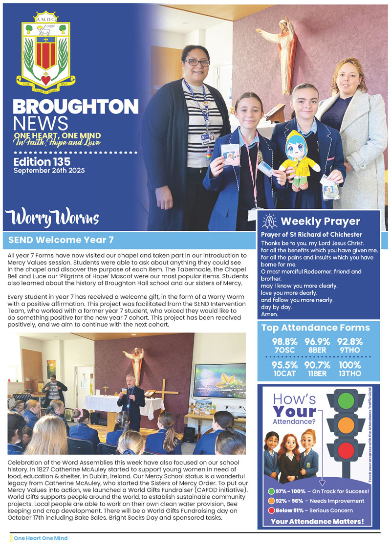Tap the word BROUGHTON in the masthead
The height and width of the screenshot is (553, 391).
point(75,107)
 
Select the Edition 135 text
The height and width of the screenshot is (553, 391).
point(42,161)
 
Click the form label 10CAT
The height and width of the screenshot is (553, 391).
point(283,374)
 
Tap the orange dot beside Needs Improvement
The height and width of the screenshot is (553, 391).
point(271,501)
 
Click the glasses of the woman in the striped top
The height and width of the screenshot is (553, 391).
point(197,63)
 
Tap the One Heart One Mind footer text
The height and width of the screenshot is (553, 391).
point(41,538)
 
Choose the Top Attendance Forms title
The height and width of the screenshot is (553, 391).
point(315,328)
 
